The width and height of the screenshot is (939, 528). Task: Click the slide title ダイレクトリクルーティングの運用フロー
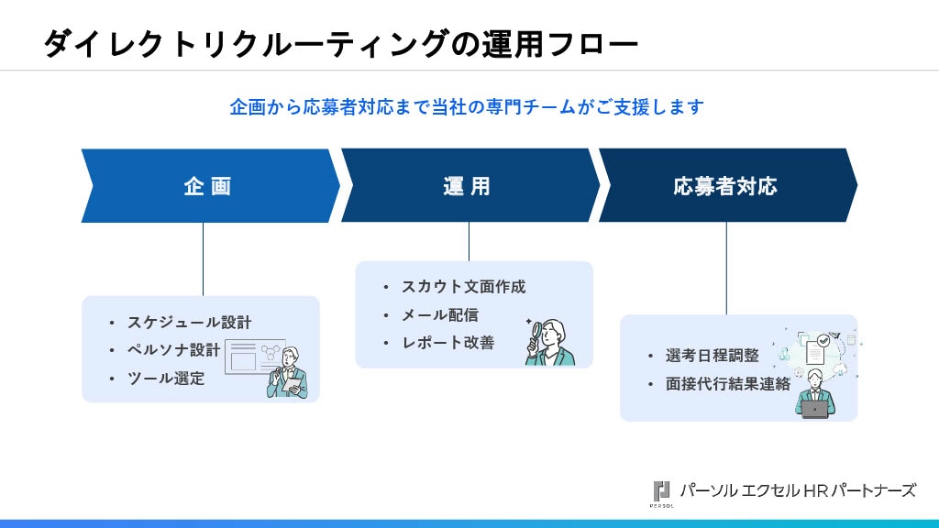click(340, 43)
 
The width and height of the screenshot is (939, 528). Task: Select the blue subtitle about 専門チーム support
click(467, 107)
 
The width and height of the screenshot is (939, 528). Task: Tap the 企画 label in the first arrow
click(207, 186)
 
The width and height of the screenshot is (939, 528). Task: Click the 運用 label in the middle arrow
click(467, 186)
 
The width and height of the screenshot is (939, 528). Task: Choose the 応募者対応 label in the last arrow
click(725, 186)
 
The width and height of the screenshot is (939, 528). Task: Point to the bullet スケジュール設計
click(189, 323)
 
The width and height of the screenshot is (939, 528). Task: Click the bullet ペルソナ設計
click(173, 350)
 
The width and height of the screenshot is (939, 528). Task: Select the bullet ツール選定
click(166, 378)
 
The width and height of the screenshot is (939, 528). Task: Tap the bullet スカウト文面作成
click(463, 287)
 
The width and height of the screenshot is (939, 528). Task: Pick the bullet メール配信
click(440, 314)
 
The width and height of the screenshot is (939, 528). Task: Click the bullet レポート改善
click(447, 342)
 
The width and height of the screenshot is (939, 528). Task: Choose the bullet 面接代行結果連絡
click(728, 384)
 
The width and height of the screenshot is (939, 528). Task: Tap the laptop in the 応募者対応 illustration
click(814, 410)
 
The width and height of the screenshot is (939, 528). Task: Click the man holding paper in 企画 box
click(289, 374)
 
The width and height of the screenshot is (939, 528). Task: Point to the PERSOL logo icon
click(661, 491)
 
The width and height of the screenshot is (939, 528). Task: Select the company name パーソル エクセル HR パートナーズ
click(797, 489)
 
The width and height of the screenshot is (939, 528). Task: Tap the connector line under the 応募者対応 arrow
click(726, 268)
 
